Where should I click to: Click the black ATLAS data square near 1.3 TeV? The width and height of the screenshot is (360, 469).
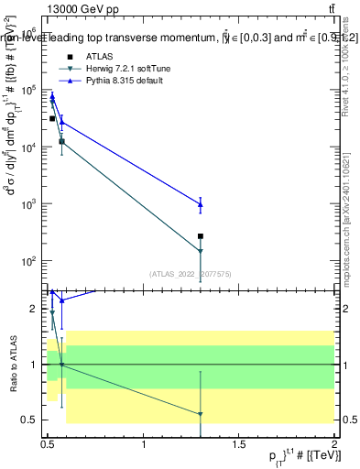(x=200, y=235)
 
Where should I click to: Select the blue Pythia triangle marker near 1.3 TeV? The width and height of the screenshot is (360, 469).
(x=200, y=203)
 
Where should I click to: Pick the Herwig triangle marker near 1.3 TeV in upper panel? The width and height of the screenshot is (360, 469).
(x=200, y=251)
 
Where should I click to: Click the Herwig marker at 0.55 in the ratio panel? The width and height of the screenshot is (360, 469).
(x=200, y=414)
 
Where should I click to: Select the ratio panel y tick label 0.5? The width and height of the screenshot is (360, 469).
(x=31, y=420)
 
